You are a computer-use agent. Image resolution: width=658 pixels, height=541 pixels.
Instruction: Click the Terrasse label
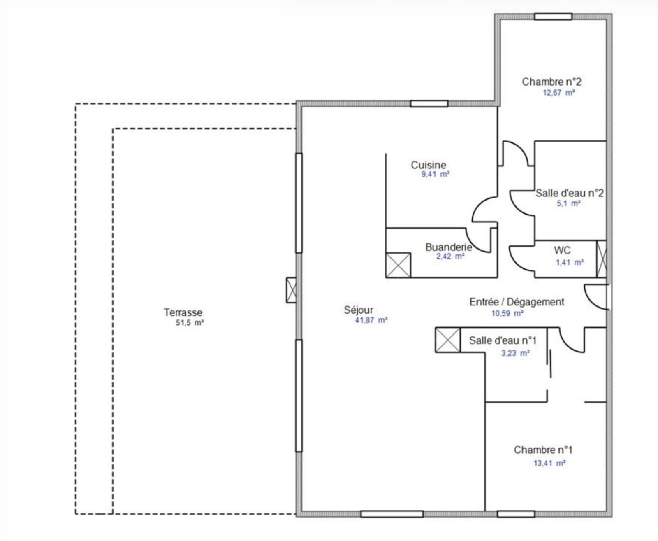pyautogui.click(x=183, y=312)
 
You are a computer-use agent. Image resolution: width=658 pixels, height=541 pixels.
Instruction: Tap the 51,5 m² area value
pyautogui.click(x=190, y=323)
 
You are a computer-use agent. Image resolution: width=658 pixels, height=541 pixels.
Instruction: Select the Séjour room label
pyautogui.click(x=359, y=310)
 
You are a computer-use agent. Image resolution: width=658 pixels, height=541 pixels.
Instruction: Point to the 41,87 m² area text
pyautogui.click(x=371, y=320)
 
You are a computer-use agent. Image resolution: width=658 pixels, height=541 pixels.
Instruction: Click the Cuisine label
pyautogui.click(x=429, y=165)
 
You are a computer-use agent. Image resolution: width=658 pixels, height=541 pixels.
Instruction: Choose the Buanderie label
pyautogui.click(x=448, y=247)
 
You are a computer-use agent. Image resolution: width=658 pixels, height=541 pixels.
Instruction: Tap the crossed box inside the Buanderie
pyautogui.click(x=398, y=265)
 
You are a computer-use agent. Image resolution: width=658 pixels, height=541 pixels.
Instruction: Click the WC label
pyautogui.click(x=562, y=250)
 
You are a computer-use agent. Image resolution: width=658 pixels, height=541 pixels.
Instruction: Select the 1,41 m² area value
pyautogui.click(x=570, y=262)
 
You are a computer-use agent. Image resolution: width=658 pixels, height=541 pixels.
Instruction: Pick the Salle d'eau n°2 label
pyautogui.click(x=569, y=193)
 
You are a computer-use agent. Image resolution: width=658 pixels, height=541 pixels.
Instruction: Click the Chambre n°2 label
pyautogui.click(x=551, y=82)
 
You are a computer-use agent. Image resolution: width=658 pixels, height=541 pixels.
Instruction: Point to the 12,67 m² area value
pyautogui.click(x=558, y=93)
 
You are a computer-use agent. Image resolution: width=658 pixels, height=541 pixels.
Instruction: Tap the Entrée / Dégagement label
pyautogui.click(x=517, y=302)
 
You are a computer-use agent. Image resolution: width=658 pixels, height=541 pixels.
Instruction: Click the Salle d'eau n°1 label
pyautogui.click(x=503, y=340)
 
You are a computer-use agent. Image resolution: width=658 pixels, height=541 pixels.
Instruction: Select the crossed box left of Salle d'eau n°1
pyautogui.click(x=448, y=340)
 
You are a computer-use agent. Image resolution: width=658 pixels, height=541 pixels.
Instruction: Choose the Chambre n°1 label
pyautogui.click(x=543, y=450)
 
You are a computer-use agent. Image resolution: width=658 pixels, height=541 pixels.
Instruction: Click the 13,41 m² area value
pyautogui.click(x=549, y=463)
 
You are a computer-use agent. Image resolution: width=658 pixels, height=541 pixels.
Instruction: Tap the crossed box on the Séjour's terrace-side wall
pyautogui.click(x=291, y=290)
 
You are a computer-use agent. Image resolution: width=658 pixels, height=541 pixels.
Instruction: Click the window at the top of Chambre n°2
pyautogui.click(x=553, y=16)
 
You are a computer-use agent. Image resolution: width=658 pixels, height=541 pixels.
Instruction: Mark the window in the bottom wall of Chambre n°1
pyautogui.click(x=516, y=514)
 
